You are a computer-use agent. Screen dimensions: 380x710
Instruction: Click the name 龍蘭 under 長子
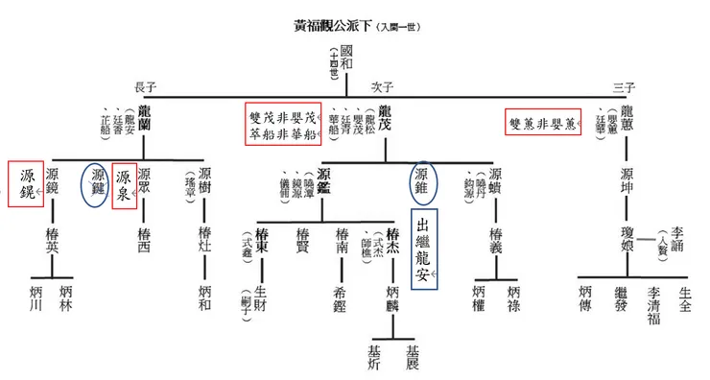(x=145, y=116)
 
